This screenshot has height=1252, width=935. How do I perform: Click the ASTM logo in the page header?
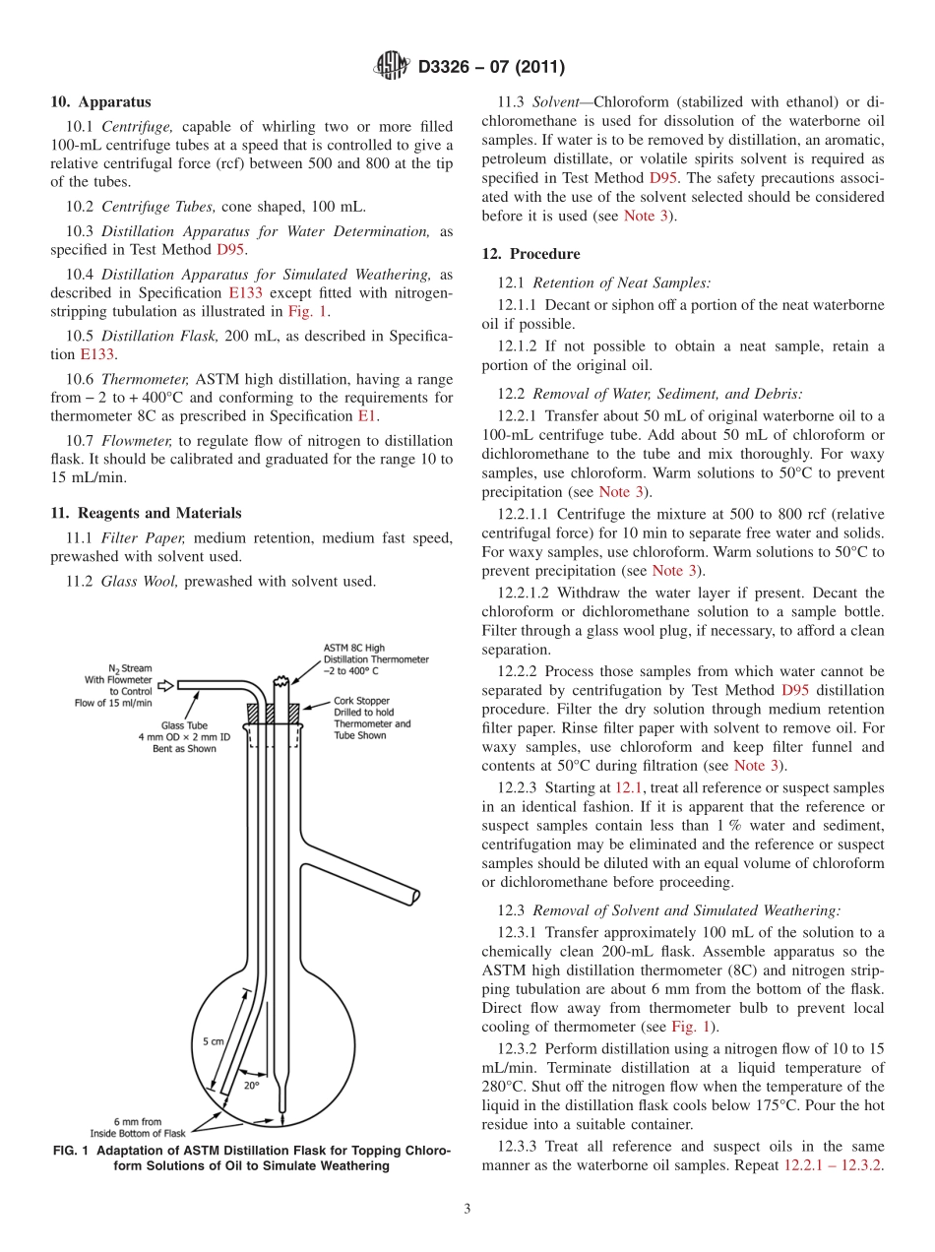[393, 67]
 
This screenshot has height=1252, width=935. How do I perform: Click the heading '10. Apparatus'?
[101, 100]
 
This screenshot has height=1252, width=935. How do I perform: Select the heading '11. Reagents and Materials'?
[146, 513]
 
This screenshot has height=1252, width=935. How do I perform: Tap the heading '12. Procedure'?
[530, 254]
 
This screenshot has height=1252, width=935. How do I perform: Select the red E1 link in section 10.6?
[366, 416]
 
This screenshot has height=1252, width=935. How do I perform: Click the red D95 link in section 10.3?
[230, 250]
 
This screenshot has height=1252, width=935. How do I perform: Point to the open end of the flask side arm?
[415, 897]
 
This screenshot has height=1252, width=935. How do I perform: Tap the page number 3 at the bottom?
[467, 1209]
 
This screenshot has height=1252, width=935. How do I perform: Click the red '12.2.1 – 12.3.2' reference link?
[831, 1164]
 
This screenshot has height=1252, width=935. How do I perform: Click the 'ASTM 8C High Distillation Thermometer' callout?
[374, 658]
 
